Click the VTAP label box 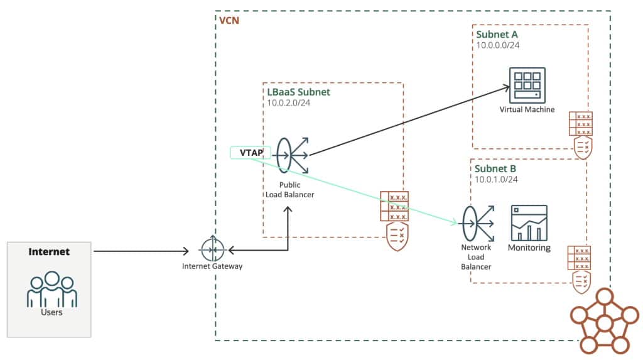pyautogui.click(x=251, y=152)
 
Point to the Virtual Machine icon pyautogui.click(x=527, y=85)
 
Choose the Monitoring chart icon pyautogui.click(x=529, y=222)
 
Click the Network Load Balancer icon pyautogui.click(x=476, y=223)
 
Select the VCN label pyautogui.click(x=229, y=20)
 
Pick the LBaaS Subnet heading pyautogui.click(x=298, y=92)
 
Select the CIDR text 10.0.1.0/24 pyautogui.click(x=499, y=180)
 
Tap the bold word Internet pyautogui.click(x=49, y=252)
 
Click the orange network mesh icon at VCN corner pyautogui.click(x=603, y=322)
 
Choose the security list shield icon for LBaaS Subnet pyautogui.click(x=394, y=221)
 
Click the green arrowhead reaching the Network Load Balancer pyautogui.click(x=454, y=222)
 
